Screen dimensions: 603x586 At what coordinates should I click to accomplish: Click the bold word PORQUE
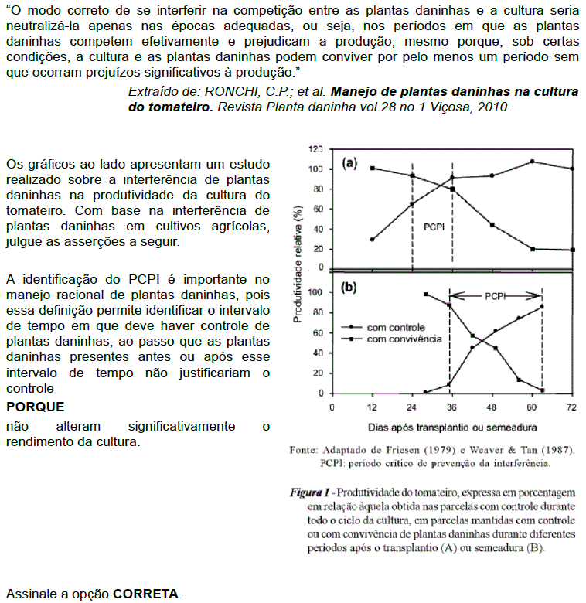pyautogui.click(x=35, y=407)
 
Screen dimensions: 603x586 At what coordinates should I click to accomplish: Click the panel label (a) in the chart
pyautogui.click(x=349, y=163)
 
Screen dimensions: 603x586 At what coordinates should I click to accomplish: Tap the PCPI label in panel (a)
pyautogui.click(x=433, y=228)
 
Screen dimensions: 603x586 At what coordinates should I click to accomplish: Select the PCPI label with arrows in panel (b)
pyautogui.click(x=495, y=295)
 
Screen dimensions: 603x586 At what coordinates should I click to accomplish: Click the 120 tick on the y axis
pyautogui.click(x=315, y=148)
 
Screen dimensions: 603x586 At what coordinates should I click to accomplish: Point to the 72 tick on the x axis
pyautogui.click(x=572, y=407)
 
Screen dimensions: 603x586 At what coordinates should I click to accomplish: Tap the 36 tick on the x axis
pyautogui.click(x=452, y=407)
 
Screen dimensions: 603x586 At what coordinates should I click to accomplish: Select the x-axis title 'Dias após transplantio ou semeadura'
pyautogui.click(x=452, y=427)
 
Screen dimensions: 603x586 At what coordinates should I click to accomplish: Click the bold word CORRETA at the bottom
pyautogui.click(x=146, y=594)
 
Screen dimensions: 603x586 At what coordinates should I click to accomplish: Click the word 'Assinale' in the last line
pyautogui.click(x=30, y=594)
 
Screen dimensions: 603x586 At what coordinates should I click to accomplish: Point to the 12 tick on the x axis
pyautogui.click(x=372, y=407)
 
